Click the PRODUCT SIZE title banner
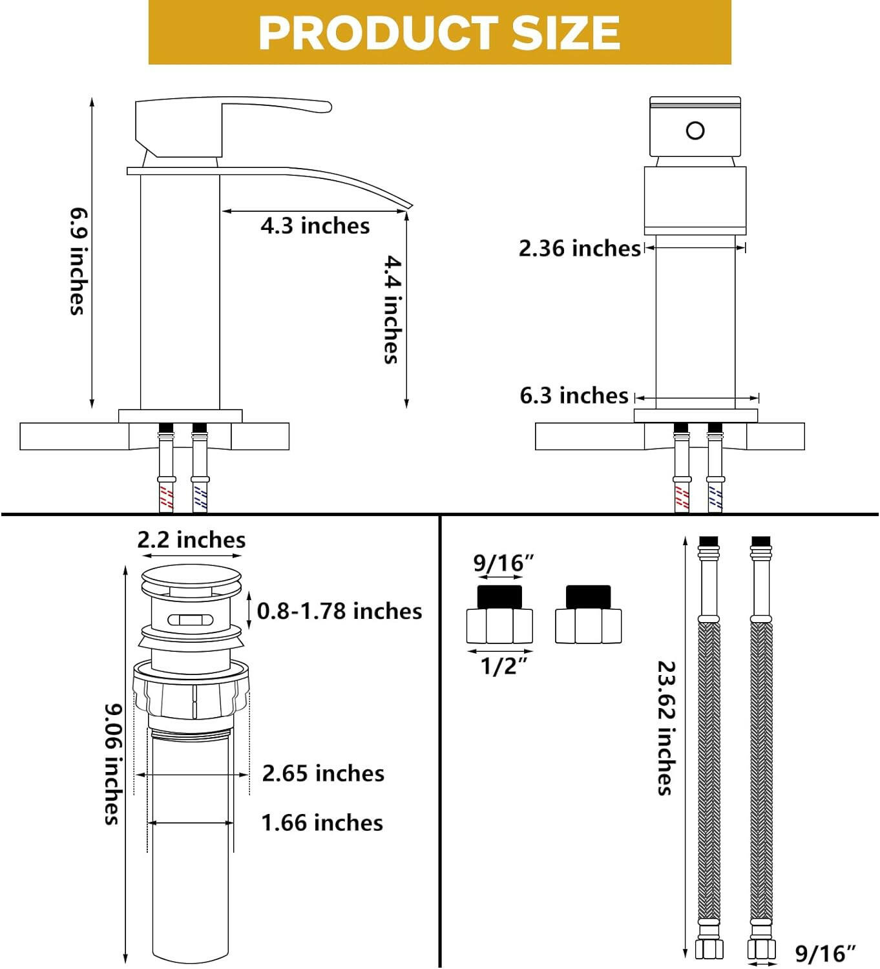[x=439, y=32]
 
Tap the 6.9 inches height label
[x=78, y=262]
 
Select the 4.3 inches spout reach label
[x=315, y=225]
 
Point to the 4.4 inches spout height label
[x=392, y=309]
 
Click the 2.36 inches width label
[x=580, y=248]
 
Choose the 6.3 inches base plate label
[x=574, y=395]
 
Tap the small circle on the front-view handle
[x=695, y=130]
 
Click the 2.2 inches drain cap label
[x=191, y=539]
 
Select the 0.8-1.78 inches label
[x=339, y=611]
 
